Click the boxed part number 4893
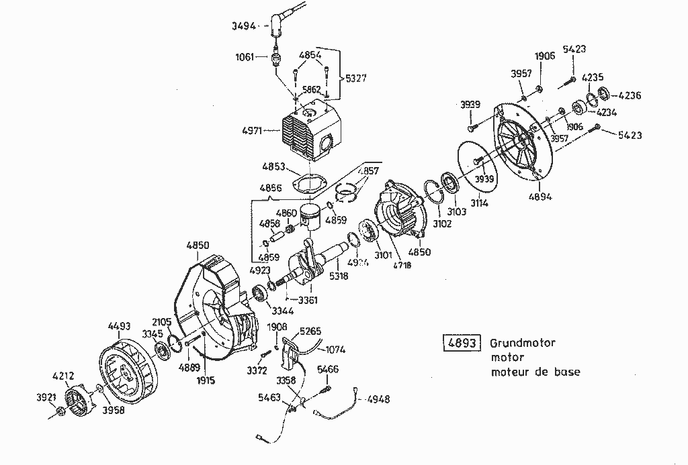462,344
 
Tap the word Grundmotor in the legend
523,344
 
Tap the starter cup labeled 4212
79,400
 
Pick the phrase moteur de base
535,372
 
